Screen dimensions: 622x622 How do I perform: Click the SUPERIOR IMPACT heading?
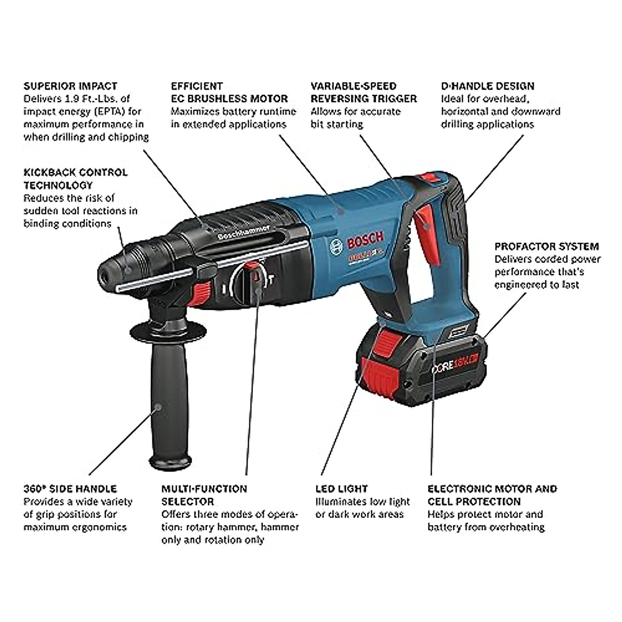coord(70,86)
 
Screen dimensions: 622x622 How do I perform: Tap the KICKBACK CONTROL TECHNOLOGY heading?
coord(75,178)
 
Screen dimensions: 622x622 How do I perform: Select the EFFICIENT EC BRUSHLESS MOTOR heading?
coord(229,92)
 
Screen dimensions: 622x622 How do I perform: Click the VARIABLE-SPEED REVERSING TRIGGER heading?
coord(363,92)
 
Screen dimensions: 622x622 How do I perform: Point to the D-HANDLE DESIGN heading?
coord(487,86)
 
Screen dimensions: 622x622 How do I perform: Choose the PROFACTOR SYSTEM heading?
coord(546,246)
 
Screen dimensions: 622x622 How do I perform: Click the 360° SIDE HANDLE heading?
coord(70,488)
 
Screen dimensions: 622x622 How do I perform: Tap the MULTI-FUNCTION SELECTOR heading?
coord(204,494)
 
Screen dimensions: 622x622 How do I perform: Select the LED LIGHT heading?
coord(342,488)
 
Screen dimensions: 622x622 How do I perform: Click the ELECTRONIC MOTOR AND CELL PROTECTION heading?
coord(492,494)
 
